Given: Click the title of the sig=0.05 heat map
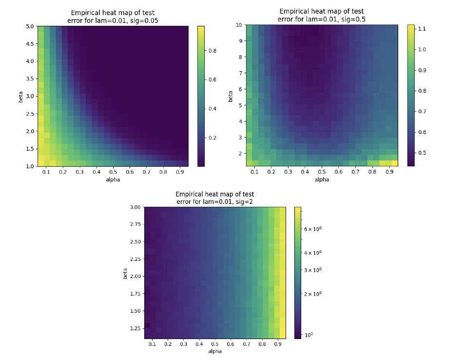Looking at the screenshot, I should pos(113,17).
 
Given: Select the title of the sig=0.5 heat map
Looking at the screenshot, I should pos(322,15).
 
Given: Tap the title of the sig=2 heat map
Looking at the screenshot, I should pos(214,198).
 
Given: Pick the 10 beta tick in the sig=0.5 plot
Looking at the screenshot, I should pos(239,25).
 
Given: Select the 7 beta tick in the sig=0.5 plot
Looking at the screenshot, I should pos(241,73).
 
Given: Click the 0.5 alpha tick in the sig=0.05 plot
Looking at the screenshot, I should pos(113,172).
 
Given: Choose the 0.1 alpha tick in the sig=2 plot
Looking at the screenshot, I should pos(152,344).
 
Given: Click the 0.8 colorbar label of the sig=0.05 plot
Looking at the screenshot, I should pos(213,50).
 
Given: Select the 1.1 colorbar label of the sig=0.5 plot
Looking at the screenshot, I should pos(422,29).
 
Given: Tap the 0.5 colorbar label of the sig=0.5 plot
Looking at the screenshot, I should pos(422,153).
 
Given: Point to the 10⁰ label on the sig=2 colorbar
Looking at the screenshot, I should pos(309,334).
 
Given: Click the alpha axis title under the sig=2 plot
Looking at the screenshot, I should pos(214,351).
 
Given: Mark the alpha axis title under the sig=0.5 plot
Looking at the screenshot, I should pos(322,179).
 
